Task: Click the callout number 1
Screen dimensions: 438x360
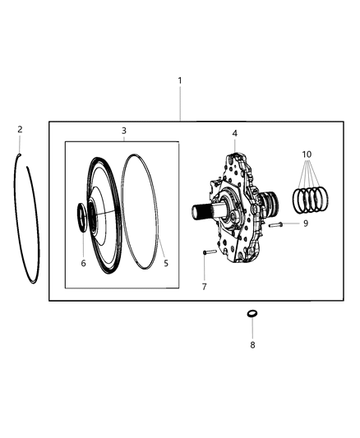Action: click(x=180, y=81)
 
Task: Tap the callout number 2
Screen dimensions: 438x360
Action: click(x=20, y=129)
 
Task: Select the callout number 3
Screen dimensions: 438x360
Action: click(x=123, y=131)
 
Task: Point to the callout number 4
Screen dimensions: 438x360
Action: click(x=234, y=132)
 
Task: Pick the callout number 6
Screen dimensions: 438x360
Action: click(x=83, y=264)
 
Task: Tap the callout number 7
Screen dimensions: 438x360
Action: click(x=204, y=286)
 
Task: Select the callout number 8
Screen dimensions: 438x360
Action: click(x=252, y=344)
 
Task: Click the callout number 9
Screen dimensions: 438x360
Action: click(x=305, y=223)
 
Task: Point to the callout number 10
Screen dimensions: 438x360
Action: click(x=307, y=154)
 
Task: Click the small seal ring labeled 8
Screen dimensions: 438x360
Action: click(x=252, y=315)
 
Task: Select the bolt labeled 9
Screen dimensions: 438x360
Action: click(x=277, y=224)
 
